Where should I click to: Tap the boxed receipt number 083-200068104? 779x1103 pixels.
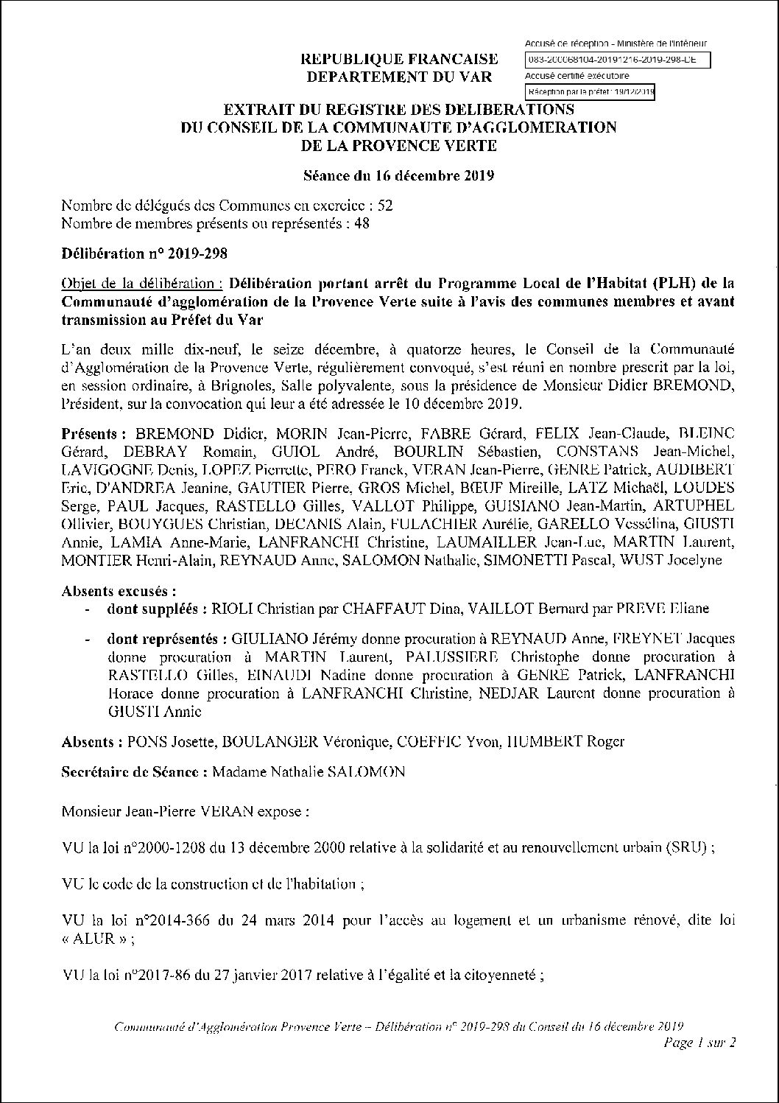tap(618, 60)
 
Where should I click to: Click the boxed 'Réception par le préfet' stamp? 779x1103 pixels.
tap(589, 92)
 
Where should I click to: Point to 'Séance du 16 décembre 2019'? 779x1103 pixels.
tap(398, 176)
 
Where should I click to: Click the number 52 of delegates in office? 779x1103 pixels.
tap(384, 206)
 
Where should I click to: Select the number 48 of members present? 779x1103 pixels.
tap(362, 223)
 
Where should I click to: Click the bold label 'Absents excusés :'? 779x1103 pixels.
tap(119, 591)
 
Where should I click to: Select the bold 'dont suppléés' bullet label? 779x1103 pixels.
tap(155, 609)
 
